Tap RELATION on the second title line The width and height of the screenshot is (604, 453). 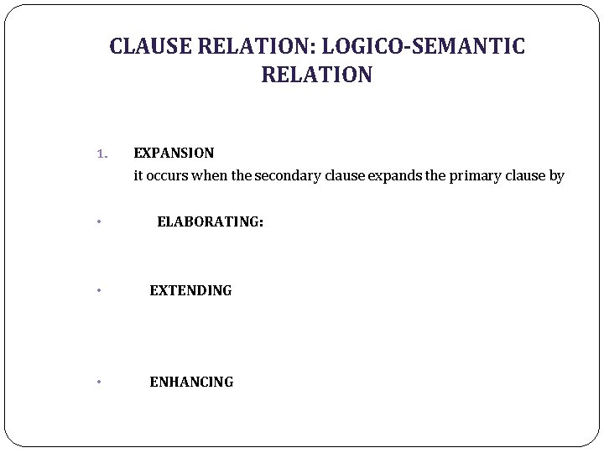point(316,75)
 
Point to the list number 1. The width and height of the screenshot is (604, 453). point(102,154)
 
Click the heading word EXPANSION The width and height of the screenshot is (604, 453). point(174,153)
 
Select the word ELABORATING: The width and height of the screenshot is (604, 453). point(210,221)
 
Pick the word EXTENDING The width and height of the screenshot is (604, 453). point(190,290)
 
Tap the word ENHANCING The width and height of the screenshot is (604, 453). point(191,382)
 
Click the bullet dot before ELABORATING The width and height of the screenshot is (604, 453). point(99,222)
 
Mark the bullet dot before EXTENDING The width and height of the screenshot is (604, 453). point(99,291)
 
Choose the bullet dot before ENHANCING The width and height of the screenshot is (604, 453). point(99,383)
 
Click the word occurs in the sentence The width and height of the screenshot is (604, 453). point(167,176)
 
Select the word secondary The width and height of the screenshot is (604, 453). point(285,176)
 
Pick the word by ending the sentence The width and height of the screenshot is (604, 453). point(556,176)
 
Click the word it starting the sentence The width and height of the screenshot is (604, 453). point(138,176)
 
